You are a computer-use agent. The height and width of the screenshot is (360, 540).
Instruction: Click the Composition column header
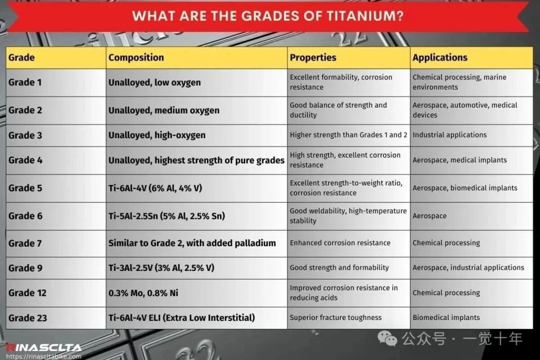(x=136, y=57)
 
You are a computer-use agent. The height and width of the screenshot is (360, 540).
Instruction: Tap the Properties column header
(x=313, y=57)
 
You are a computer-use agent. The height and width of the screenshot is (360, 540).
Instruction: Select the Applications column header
(x=440, y=57)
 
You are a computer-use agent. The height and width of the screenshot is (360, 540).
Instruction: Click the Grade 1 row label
(x=25, y=82)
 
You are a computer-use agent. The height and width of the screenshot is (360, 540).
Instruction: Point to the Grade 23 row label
(x=27, y=318)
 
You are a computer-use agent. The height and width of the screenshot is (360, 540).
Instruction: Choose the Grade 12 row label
(x=27, y=293)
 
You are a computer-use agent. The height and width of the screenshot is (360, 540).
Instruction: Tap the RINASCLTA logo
(x=44, y=347)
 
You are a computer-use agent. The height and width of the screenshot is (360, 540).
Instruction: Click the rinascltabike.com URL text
(x=44, y=356)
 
